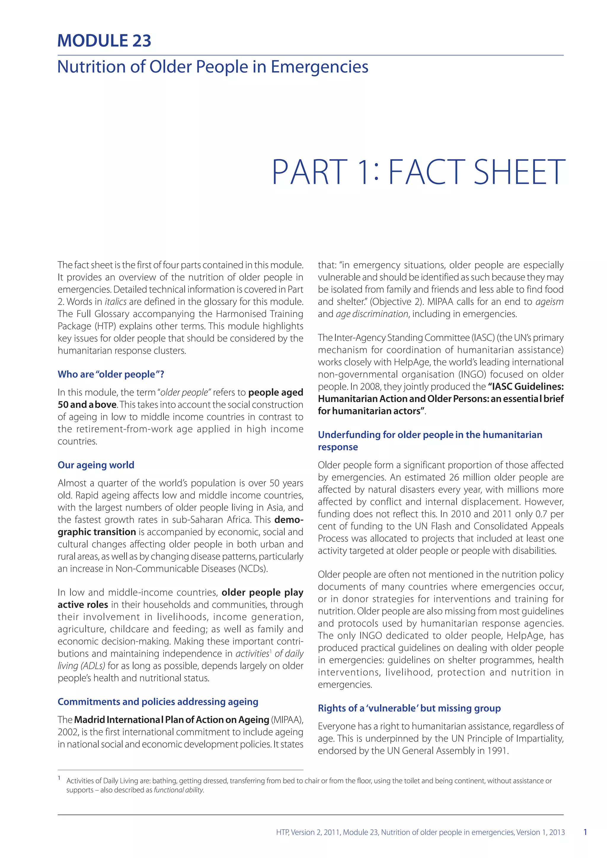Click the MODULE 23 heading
pyautogui.click(x=104, y=41)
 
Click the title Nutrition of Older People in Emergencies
pyautogui.click(x=213, y=67)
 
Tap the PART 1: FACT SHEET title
pyautogui.click(x=418, y=172)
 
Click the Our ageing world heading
pyautogui.click(x=96, y=465)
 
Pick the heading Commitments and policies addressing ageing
pyautogui.click(x=158, y=701)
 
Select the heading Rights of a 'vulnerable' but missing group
pyautogui.click(x=409, y=708)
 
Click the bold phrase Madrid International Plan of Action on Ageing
pyautogui.click(x=172, y=719)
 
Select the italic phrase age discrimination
pyautogui.click(x=372, y=314)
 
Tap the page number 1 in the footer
pyautogui.click(x=585, y=832)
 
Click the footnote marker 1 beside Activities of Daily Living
pyautogui.click(x=59, y=778)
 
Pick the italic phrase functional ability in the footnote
pyautogui.click(x=179, y=790)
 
